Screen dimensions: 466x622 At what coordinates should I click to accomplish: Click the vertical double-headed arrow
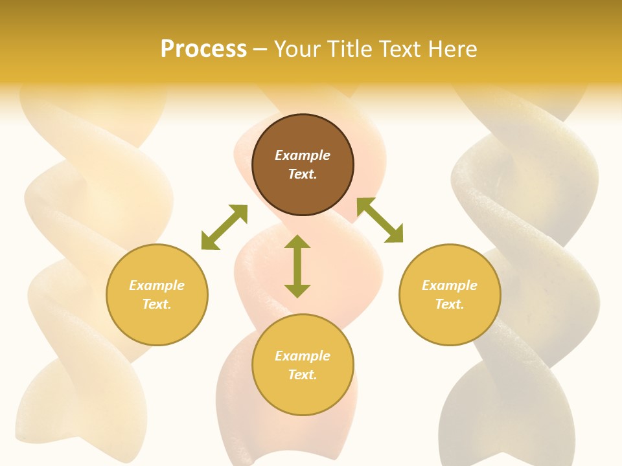pyautogui.click(x=297, y=266)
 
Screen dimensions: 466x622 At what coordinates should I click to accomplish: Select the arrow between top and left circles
pyautogui.click(x=224, y=227)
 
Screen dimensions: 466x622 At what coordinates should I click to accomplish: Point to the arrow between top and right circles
pyautogui.click(x=380, y=220)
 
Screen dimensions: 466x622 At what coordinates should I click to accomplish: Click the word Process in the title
pyautogui.click(x=203, y=49)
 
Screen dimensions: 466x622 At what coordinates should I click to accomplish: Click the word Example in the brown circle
pyautogui.click(x=303, y=155)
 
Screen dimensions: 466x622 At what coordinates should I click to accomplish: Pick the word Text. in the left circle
pyautogui.click(x=157, y=304)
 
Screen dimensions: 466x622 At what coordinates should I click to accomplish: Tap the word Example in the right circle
pyautogui.click(x=450, y=285)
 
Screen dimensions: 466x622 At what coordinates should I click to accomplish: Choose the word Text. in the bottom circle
pyautogui.click(x=303, y=375)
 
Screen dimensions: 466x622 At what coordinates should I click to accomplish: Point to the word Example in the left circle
pyautogui.click(x=157, y=285)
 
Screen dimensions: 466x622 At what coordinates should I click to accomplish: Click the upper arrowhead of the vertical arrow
pyautogui.click(x=297, y=242)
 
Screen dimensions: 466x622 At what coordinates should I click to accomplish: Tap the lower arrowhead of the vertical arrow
pyautogui.click(x=297, y=291)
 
